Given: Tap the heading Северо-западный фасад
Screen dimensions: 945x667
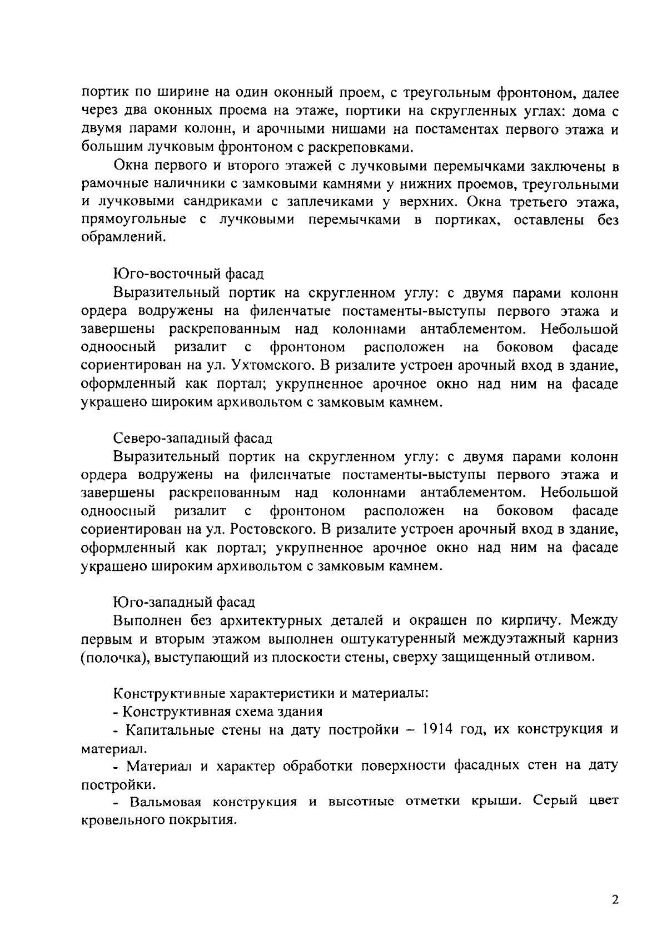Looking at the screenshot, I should (x=193, y=438).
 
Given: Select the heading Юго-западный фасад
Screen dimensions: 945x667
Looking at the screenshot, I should (x=184, y=602).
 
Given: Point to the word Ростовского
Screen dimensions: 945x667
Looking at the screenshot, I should (x=272, y=530).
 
